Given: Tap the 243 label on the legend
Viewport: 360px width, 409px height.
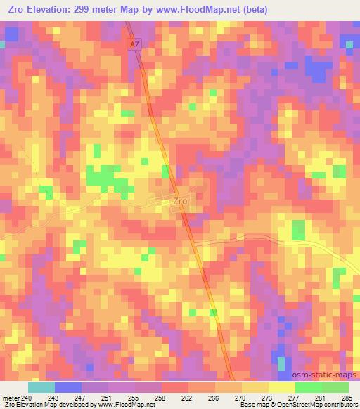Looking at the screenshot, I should pyautogui.click(x=54, y=398).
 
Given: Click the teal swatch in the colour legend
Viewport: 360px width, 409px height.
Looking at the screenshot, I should pyautogui.click(x=41, y=387).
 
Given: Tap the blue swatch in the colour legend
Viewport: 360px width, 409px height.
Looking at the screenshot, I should pyautogui.click(x=68, y=387).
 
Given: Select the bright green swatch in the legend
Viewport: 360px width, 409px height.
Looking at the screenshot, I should pyautogui.click(x=309, y=387).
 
